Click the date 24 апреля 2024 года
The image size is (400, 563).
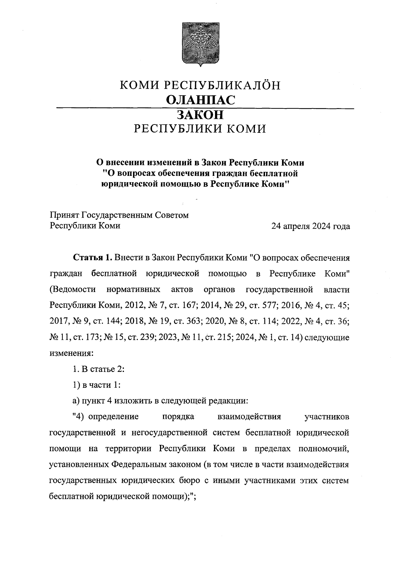[x=311, y=227]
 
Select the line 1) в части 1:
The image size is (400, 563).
[x=96, y=385]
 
